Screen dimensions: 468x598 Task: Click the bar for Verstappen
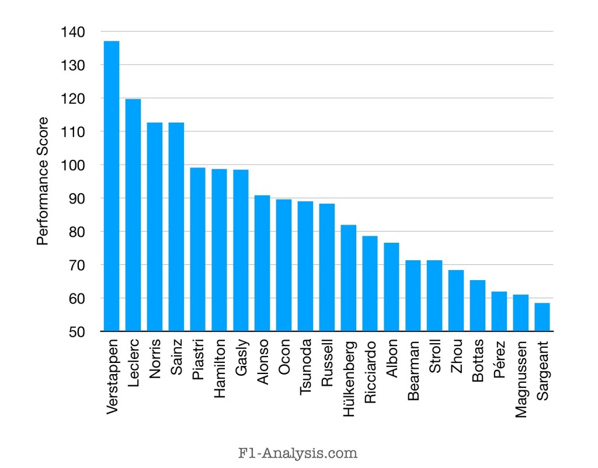coord(112,186)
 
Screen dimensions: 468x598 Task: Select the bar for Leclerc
coord(133,215)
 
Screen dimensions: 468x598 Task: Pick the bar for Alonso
coord(262,263)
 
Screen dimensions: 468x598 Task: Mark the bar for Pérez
coord(499,312)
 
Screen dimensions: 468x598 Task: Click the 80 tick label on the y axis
coord(77,232)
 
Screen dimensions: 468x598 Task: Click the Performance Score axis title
coord(43,181)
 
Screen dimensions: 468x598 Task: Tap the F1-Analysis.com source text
coord(299,452)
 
